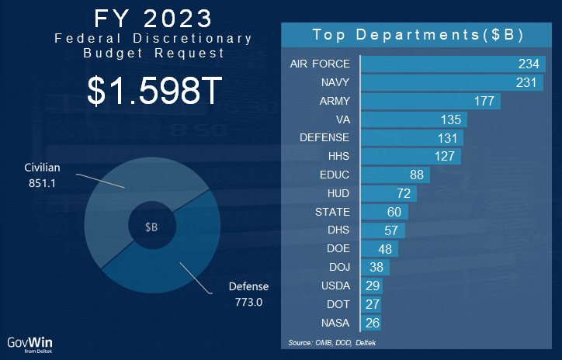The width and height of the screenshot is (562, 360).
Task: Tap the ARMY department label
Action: pos(335,101)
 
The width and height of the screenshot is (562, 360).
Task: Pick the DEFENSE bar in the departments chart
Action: pos(412,138)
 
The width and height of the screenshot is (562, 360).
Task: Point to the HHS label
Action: pos(338,157)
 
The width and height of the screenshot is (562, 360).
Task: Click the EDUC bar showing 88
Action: pos(395,175)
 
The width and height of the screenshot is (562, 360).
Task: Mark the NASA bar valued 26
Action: pos(370,323)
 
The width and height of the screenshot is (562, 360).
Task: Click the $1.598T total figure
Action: pos(155,92)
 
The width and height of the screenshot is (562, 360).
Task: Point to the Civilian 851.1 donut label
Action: pos(42,174)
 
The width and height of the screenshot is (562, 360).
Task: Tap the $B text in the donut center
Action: pos(151,227)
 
